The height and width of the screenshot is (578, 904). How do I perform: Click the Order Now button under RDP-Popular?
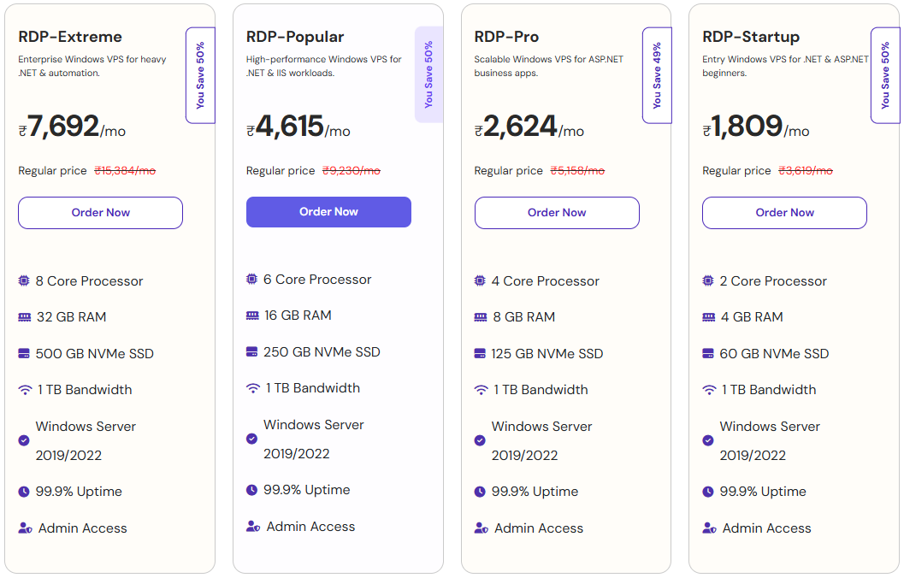coord(328,212)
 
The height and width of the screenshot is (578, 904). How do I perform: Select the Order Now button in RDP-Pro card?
coord(557,213)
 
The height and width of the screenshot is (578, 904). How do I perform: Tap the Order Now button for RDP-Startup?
coord(784,213)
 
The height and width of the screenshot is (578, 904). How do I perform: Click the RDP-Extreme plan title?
coord(70,37)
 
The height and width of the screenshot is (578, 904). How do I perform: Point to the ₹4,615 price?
coord(290,127)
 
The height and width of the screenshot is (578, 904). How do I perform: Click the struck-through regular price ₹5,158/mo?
coord(577,171)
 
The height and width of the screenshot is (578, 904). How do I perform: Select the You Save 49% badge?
coord(657,75)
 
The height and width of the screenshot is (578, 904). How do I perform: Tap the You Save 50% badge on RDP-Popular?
coord(428,74)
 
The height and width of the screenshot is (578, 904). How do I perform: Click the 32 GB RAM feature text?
coord(72,317)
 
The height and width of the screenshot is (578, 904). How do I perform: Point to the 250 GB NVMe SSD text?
coord(322,352)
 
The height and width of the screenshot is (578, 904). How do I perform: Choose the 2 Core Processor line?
coord(773,281)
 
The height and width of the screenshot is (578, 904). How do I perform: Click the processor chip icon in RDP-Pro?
coord(480,280)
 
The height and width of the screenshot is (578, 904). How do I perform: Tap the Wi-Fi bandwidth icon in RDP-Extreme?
coord(25,390)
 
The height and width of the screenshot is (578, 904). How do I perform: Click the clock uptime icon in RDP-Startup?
coord(708,492)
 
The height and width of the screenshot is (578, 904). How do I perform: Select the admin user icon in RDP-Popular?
coord(252,527)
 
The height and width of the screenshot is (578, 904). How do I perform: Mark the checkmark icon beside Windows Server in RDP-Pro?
coord(480,440)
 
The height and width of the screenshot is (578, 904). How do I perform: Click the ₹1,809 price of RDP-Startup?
coord(747,127)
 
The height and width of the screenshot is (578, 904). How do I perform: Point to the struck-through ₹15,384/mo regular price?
coord(125,171)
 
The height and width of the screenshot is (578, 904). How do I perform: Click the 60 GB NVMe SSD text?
coord(774,354)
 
